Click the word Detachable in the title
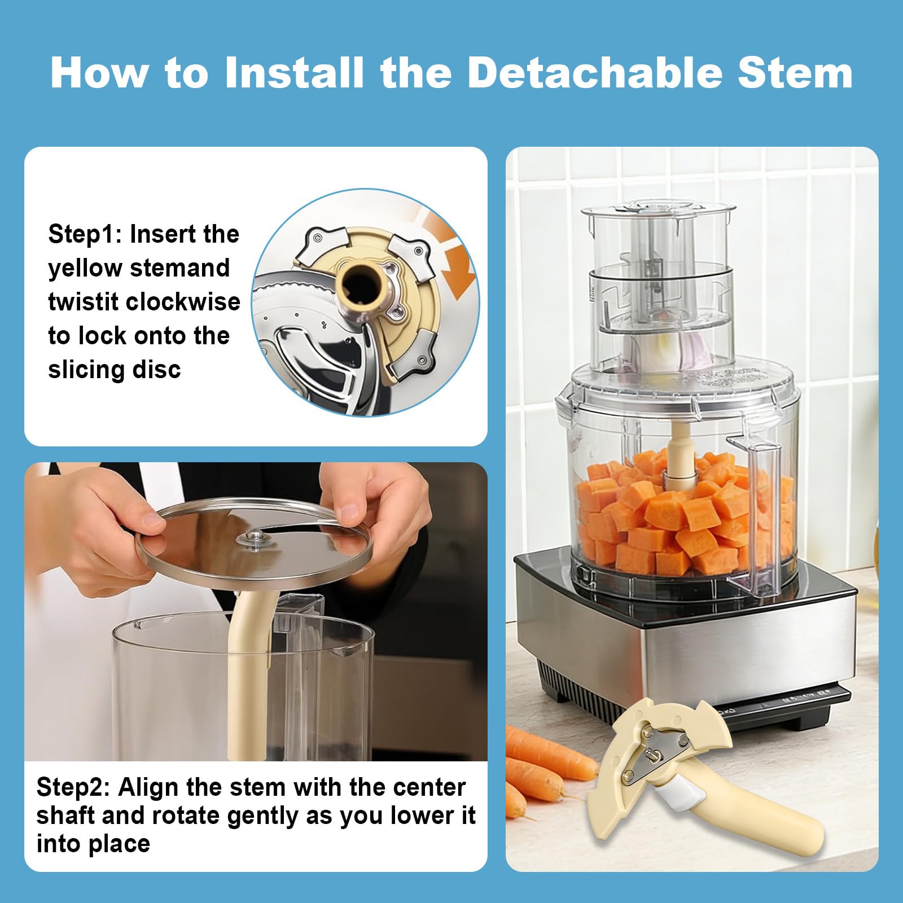tap(595, 73)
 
